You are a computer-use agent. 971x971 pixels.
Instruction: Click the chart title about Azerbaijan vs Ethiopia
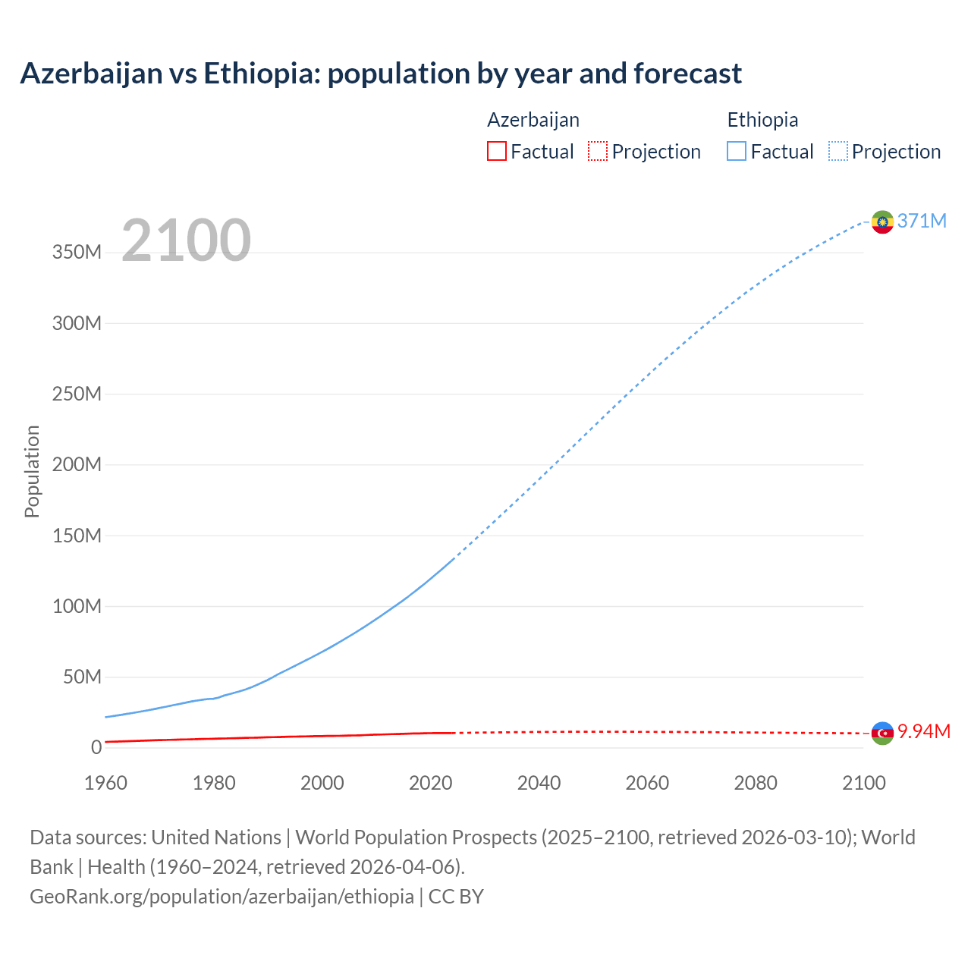[381, 74]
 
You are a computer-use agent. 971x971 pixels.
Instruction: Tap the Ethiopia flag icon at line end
[882, 222]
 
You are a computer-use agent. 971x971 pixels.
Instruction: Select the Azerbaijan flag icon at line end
[882, 733]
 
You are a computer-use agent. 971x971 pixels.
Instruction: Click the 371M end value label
[922, 221]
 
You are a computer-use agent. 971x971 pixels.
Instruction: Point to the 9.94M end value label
[924, 731]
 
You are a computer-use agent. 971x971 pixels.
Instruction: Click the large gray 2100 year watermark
[186, 240]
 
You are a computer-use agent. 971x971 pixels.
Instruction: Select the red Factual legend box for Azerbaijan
[497, 151]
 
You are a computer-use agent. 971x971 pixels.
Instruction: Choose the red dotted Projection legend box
[598, 151]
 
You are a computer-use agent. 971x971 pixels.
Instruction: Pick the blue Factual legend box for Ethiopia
[737, 151]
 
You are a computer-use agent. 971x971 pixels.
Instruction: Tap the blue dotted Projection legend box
[838, 151]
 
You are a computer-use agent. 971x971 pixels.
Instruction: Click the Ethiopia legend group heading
[762, 120]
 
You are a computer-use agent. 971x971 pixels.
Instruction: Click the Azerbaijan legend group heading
[533, 120]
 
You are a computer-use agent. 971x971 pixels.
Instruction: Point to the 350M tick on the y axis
[77, 253]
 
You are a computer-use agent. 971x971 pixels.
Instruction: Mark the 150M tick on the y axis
[77, 536]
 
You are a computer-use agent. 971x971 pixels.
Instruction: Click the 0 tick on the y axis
[96, 747]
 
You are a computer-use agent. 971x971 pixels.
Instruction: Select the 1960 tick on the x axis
[105, 783]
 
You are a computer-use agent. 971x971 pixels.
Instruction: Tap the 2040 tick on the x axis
[539, 783]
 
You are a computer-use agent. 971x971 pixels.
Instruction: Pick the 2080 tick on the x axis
[756, 783]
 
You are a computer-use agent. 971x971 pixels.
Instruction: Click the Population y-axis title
[32, 471]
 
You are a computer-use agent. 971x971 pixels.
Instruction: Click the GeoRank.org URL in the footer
[222, 897]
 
